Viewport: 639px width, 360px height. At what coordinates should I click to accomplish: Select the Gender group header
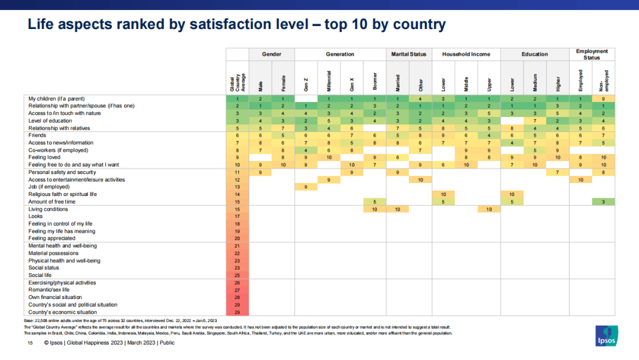point(272,54)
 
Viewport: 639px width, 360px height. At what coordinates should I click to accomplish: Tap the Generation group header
point(340,54)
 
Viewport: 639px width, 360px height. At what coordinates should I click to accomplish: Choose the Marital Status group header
point(409,54)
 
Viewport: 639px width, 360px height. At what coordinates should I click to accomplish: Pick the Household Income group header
point(466,54)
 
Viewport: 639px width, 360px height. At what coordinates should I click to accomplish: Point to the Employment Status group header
point(592,54)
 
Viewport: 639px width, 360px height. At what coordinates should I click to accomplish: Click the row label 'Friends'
point(37,136)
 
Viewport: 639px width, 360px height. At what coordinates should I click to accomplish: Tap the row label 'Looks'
point(35,217)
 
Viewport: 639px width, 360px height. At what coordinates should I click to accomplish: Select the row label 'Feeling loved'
point(44,157)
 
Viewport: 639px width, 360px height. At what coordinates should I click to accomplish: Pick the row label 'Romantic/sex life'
point(49,290)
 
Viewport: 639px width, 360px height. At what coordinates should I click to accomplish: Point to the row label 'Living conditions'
point(48,210)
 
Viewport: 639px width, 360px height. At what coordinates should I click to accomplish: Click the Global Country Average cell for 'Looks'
point(237,217)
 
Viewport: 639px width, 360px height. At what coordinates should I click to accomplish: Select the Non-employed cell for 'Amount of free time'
point(603,202)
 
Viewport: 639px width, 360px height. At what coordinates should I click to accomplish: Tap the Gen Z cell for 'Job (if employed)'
point(306,187)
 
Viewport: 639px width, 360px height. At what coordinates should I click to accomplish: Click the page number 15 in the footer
point(30,342)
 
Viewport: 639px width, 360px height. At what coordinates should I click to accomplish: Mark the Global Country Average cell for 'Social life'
point(237,275)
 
